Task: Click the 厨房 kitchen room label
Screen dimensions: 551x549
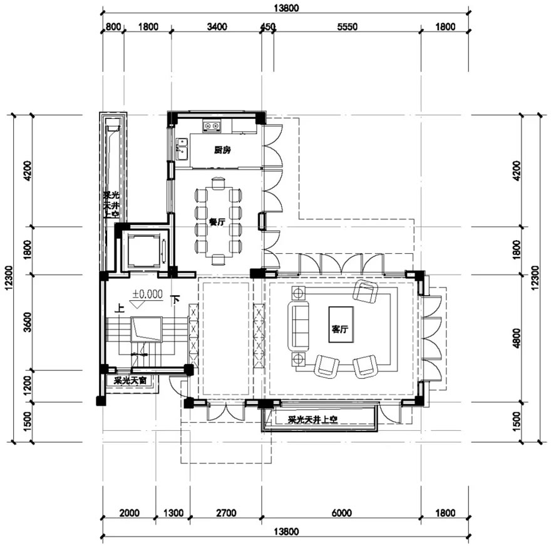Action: point(222,150)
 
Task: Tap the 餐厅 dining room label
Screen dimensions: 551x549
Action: point(217,222)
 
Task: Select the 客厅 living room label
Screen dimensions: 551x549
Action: point(340,330)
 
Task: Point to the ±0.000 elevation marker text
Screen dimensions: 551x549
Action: point(148,294)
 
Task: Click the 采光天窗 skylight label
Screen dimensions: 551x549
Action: point(130,381)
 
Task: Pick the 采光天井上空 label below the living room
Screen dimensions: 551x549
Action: point(312,420)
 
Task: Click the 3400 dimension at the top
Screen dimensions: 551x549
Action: point(217,27)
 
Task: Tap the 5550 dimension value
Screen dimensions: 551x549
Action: point(347,27)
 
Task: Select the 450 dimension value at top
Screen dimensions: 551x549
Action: point(268,27)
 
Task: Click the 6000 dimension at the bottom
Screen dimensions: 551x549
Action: point(342,513)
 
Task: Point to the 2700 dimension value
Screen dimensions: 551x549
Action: point(226,513)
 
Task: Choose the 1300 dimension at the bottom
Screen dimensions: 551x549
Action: point(173,513)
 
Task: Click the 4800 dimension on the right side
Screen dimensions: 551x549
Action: point(516,338)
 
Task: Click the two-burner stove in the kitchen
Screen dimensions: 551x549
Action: point(212,126)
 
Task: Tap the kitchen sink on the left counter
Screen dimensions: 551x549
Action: point(182,148)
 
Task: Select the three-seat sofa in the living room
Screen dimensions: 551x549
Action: point(298,326)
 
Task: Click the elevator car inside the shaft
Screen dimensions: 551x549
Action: point(143,249)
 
